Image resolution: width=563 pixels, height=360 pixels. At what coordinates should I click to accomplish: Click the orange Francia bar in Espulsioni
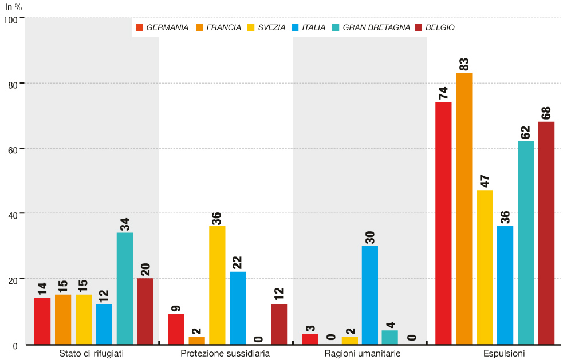point(464,208)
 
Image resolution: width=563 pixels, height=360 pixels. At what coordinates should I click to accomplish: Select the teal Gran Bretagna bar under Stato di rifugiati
point(125,288)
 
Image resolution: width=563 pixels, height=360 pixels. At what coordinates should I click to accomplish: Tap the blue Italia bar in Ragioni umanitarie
point(370,295)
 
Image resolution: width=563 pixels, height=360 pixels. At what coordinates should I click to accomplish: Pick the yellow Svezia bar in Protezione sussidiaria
point(217,285)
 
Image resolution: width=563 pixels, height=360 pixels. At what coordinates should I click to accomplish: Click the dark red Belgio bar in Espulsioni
point(546,233)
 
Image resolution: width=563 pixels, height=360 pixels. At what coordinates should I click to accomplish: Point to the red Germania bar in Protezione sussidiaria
point(176,329)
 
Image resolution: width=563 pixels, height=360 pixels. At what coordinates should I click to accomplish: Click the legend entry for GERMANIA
point(163,27)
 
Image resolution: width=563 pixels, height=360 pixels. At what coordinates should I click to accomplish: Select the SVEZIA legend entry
point(267,27)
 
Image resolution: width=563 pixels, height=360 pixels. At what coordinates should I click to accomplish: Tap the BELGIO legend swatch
point(418,27)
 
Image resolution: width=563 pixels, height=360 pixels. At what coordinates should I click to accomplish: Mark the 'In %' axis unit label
point(14,7)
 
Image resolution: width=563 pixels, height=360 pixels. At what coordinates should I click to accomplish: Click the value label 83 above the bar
point(464,64)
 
